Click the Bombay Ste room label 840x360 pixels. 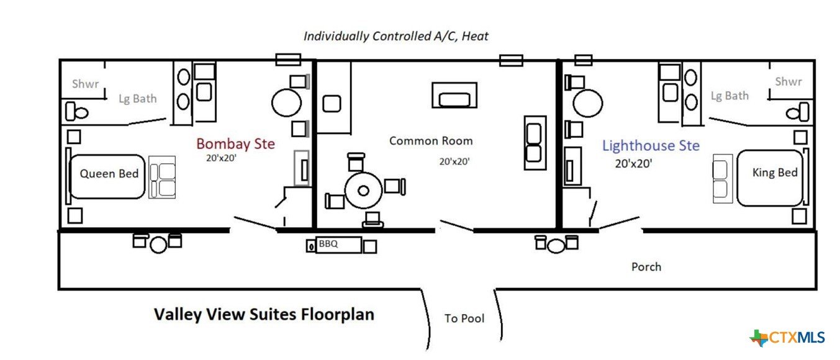click(x=235, y=144)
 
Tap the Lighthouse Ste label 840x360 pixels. click(x=651, y=145)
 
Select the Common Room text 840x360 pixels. click(x=431, y=141)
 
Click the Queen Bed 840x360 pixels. click(x=107, y=176)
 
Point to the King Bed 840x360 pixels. click(x=770, y=178)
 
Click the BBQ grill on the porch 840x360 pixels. click(x=338, y=245)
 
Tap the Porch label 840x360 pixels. click(x=646, y=267)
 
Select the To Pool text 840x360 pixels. click(x=464, y=318)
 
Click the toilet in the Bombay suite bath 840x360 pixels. click(x=76, y=111)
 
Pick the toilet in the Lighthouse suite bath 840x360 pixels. click(x=798, y=112)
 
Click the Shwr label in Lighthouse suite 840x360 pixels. click(x=788, y=81)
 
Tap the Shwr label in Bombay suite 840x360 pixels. click(x=86, y=84)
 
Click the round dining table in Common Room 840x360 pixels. click(x=363, y=191)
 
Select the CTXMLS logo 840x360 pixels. click(x=787, y=338)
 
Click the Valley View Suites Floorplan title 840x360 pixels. click(x=264, y=315)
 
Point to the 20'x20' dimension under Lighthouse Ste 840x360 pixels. click(x=633, y=163)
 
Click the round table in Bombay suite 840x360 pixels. click(x=286, y=102)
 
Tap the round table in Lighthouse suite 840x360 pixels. click(x=588, y=103)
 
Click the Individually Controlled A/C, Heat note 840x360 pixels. click(x=395, y=37)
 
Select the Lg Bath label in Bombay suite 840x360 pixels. click(x=138, y=99)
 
